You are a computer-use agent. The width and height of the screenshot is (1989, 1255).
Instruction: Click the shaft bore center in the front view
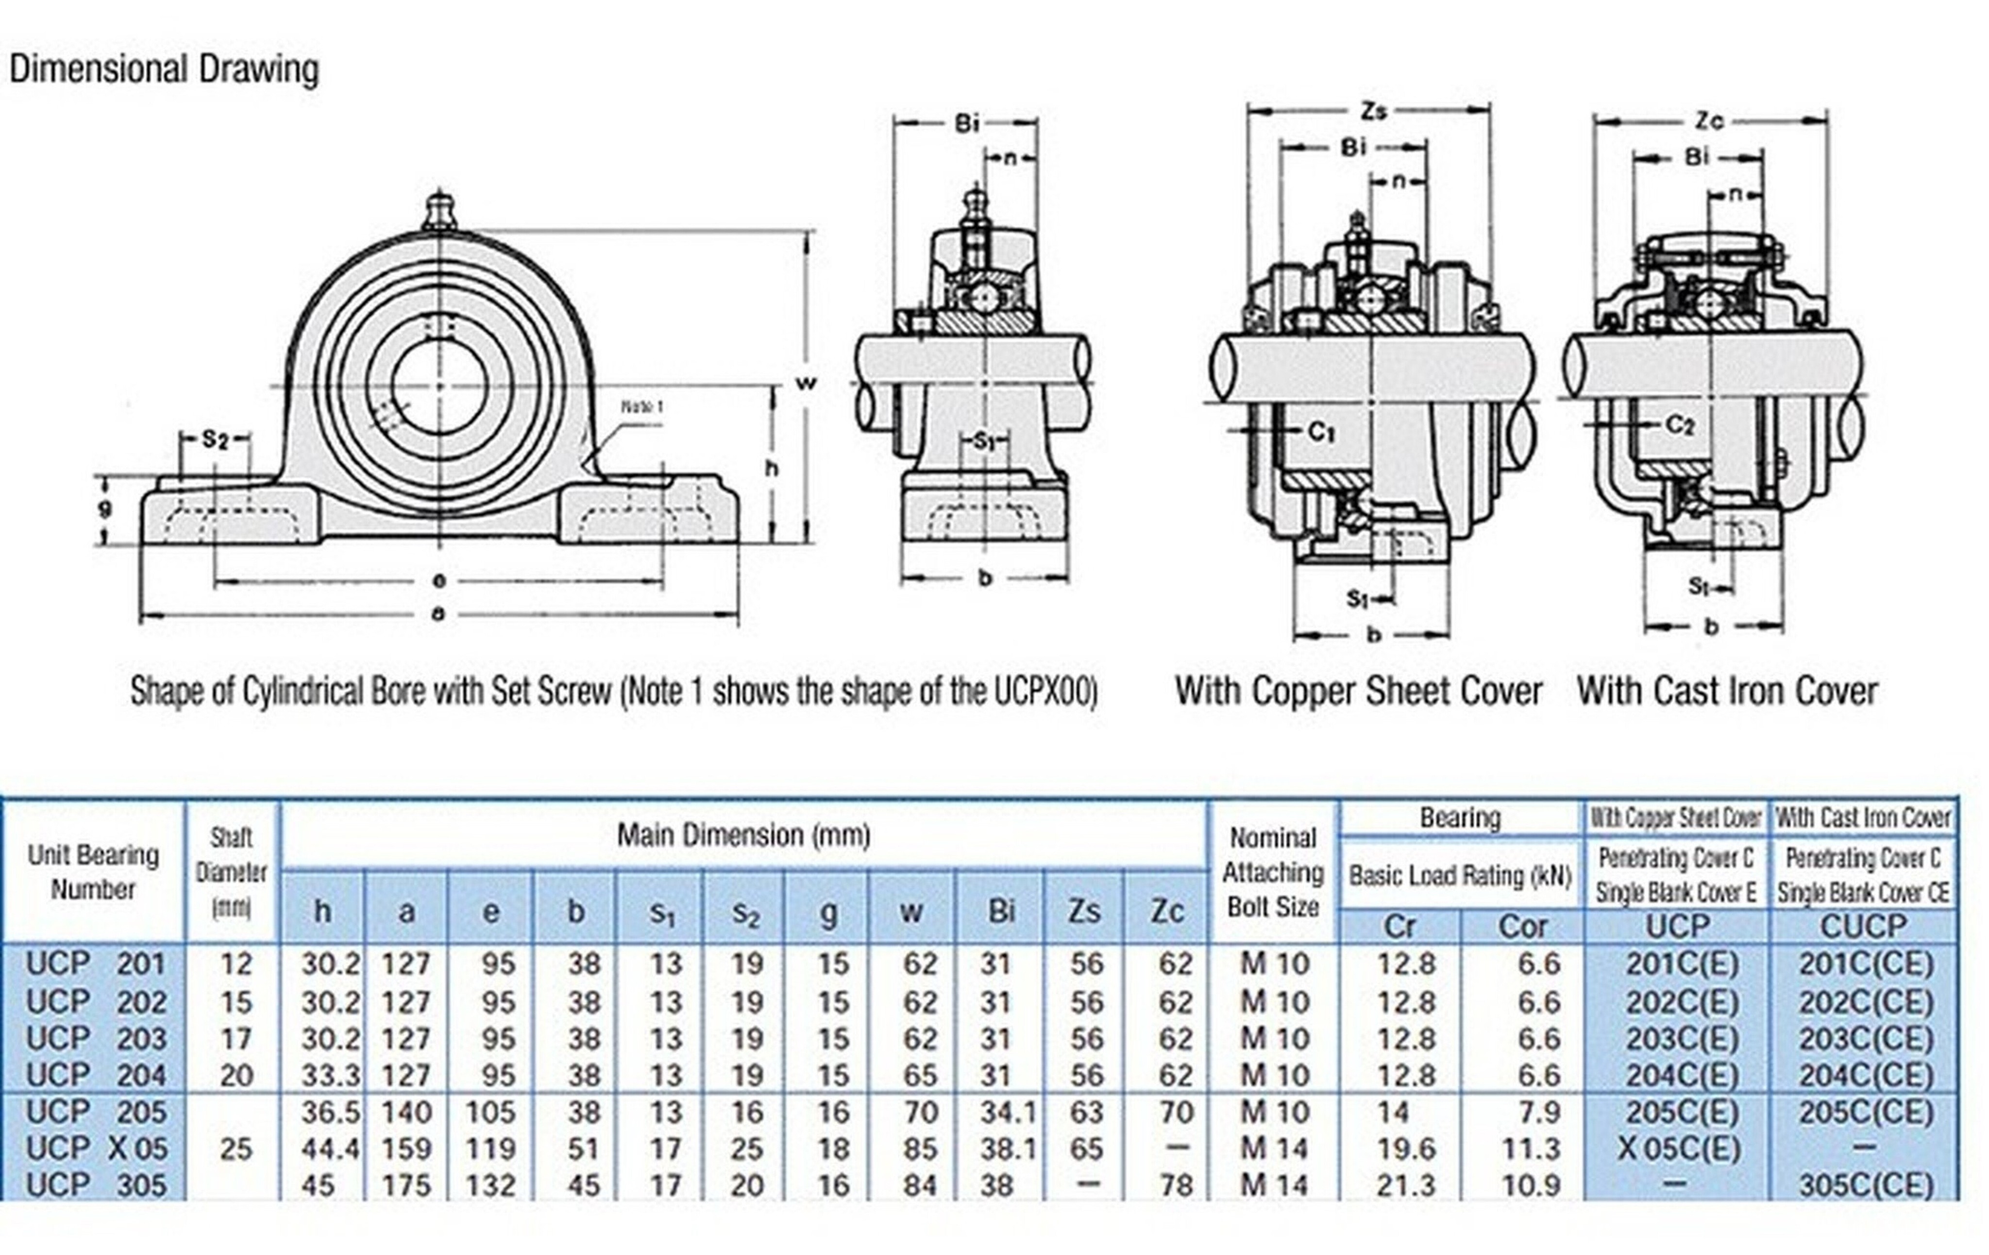pos(438,385)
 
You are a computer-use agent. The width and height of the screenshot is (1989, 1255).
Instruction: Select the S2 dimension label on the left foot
pos(215,440)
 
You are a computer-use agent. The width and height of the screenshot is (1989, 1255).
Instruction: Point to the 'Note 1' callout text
pos(642,407)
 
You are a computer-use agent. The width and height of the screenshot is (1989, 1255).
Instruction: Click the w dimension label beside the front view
pos(805,383)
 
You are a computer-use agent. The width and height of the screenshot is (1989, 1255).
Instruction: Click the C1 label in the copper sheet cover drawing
pos(1322,431)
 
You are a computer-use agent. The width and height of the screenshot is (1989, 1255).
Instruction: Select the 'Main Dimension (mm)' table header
pos(743,835)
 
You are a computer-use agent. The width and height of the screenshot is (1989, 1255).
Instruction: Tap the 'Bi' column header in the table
pos(1000,911)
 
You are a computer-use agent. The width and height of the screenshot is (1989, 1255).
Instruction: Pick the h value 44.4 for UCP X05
pos(330,1149)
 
